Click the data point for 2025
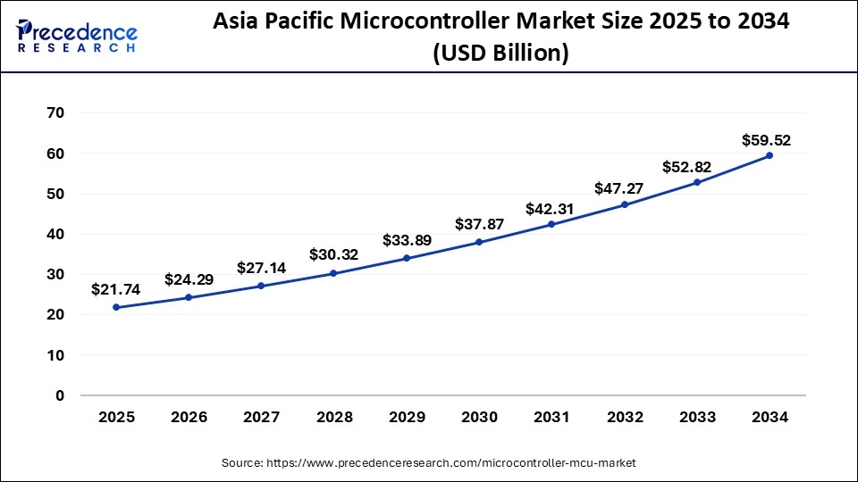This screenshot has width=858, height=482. click(x=116, y=307)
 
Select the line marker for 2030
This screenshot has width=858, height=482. click(x=479, y=242)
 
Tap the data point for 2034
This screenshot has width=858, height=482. click(x=770, y=155)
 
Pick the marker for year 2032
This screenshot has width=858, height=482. click(x=625, y=204)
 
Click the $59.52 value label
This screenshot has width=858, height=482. click(x=766, y=140)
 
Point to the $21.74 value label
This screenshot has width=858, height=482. click(x=115, y=289)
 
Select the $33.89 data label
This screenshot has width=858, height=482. click(x=407, y=240)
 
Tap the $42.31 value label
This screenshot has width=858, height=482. click(x=551, y=208)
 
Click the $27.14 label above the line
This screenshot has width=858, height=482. click(x=261, y=268)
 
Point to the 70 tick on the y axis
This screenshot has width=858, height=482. click(x=55, y=113)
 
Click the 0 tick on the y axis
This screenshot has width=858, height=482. click(x=60, y=395)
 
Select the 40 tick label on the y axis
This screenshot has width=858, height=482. click(x=55, y=234)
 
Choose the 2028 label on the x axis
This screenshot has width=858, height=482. click(x=333, y=417)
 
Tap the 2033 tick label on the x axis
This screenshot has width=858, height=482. click(x=697, y=417)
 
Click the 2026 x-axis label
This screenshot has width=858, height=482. click(x=189, y=417)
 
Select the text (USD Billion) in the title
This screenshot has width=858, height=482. click(x=500, y=54)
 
